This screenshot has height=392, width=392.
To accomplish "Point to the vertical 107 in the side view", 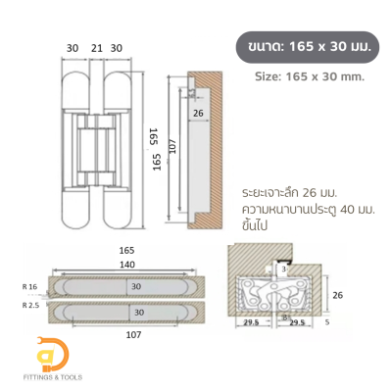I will point(171,150).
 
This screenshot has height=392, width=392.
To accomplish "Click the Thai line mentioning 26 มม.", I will point(293,193).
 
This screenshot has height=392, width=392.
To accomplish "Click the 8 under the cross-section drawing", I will point(283,316).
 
